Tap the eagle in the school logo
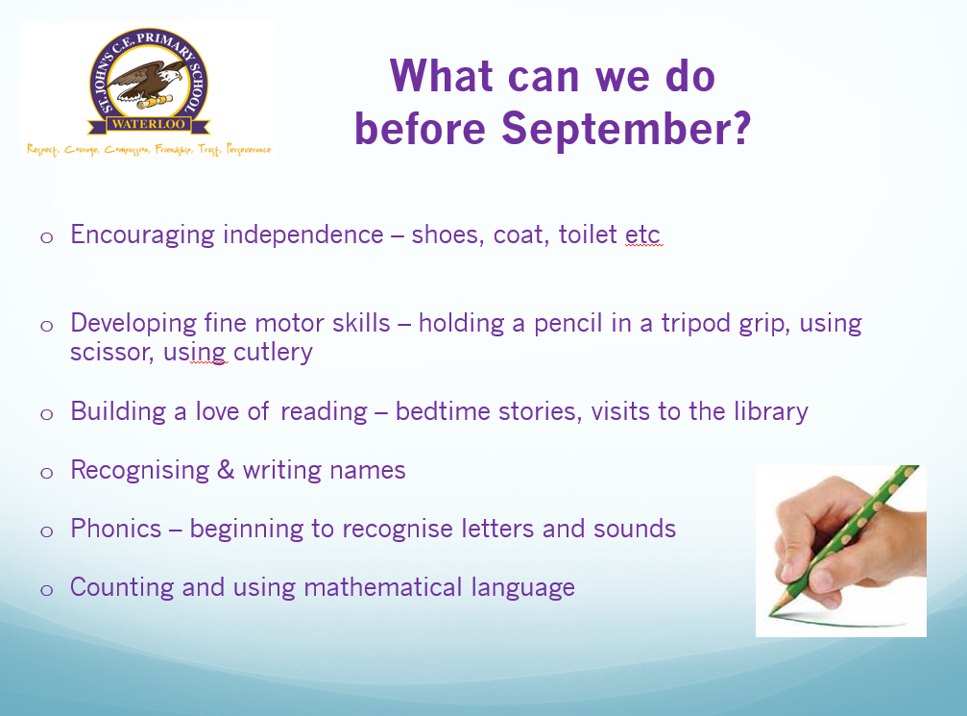pyautogui.click(x=149, y=84)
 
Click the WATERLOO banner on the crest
pyautogui.click(x=148, y=123)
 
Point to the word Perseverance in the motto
pyautogui.click(x=249, y=149)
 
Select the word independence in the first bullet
pyautogui.click(x=302, y=235)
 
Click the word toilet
pyautogui.click(x=587, y=235)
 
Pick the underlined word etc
pyautogui.click(x=642, y=235)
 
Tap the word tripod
pyautogui.click(x=695, y=324)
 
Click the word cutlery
pyautogui.click(x=273, y=353)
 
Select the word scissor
pyautogui.click(x=111, y=353)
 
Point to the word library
pyautogui.click(x=770, y=411)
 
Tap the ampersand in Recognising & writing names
pyautogui.click(x=226, y=470)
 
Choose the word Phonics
pyautogui.click(x=116, y=529)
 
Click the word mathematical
pyautogui.click(x=383, y=587)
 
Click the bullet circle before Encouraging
pyautogui.click(x=47, y=237)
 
